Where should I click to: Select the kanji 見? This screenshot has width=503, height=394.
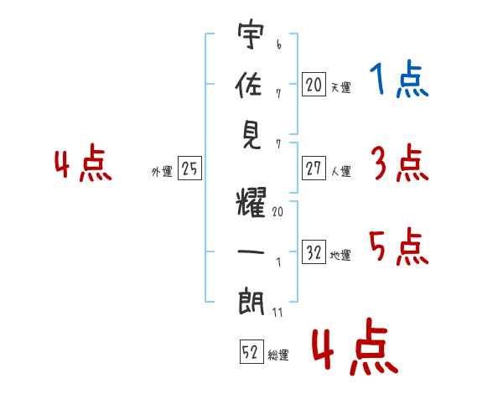pyautogui.click(x=251, y=134)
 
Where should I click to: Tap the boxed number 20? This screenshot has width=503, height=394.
pyautogui.click(x=314, y=84)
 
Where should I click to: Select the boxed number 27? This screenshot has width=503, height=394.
pyautogui.click(x=314, y=168)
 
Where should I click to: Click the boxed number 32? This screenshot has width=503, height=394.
pyautogui.click(x=314, y=252)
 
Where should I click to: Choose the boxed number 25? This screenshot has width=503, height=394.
pyautogui.click(x=189, y=169)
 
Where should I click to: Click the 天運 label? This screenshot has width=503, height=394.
pyautogui.click(x=340, y=87)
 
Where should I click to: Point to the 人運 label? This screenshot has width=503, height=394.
pyautogui.click(x=340, y=171)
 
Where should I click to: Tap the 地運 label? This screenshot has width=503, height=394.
pyautogui.click(x=340, y=256)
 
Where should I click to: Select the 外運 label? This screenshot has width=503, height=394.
pyautogui.click(x=162, y=173)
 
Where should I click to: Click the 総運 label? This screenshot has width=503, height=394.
pyautogui.click(x=278, y=355)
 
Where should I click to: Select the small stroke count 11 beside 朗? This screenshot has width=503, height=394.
pyautogui.click(x=277, y=313)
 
